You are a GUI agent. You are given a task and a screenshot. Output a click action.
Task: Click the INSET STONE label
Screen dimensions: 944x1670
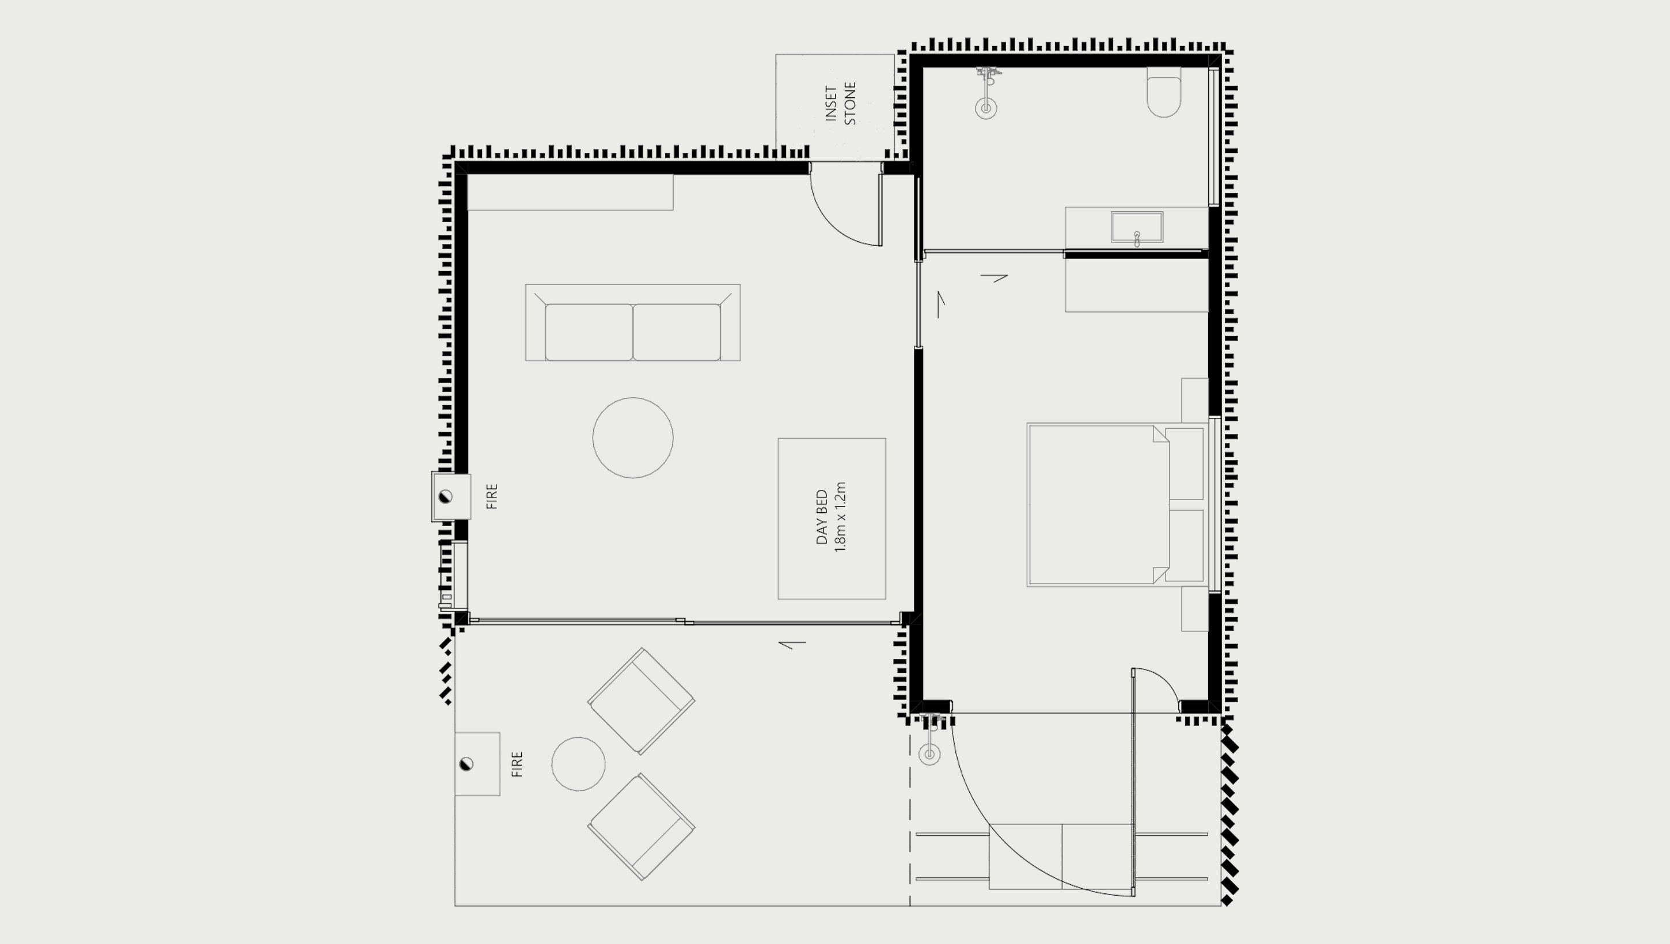click(x=841, y=104)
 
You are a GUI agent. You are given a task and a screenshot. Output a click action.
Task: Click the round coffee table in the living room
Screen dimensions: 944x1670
click(x=632, y=437)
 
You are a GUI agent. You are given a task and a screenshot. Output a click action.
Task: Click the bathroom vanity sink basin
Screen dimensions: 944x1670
click(x=1136, y=227)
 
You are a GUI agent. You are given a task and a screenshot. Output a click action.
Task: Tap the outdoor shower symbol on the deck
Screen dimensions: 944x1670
click(x=930, y=753)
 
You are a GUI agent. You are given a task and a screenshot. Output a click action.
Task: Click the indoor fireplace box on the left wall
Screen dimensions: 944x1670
click(x=450, y=497)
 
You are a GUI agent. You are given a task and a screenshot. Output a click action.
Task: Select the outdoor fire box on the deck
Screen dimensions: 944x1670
click(x=476, y=764)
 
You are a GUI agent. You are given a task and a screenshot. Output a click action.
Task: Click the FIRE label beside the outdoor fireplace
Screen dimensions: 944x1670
click(x=517, y=764)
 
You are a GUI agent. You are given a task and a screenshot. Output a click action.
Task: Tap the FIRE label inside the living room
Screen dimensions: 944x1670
click(x=492, y=496)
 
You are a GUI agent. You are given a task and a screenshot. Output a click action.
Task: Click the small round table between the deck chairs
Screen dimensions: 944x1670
click(x=578, y=764)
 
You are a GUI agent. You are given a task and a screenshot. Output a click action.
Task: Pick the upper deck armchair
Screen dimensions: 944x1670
click(x=640, y=701)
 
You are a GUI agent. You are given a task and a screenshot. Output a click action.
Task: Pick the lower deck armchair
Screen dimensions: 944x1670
click(x=640, y=827)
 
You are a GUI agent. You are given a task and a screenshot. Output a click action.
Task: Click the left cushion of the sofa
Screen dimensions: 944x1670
click(x=588, y=332)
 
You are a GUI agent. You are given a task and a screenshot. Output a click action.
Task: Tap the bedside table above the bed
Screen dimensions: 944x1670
click(x=1194, y=400)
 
